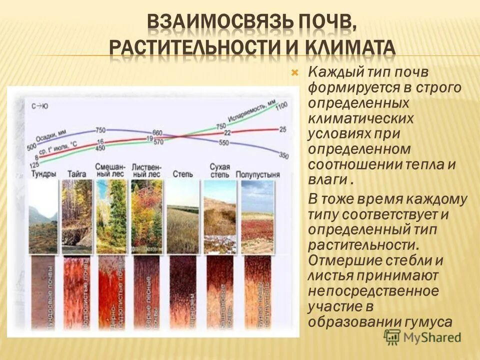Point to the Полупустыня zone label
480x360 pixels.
tap(259, 174)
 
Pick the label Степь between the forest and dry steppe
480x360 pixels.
tap(182, 174)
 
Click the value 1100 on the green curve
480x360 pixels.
tap(282, 105)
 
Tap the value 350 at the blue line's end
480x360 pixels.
tap(283, 155)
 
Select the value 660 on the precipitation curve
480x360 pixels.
tap(157, 133)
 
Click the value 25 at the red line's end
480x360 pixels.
tap(282, 129)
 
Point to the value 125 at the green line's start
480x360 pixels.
tap(34, 165)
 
